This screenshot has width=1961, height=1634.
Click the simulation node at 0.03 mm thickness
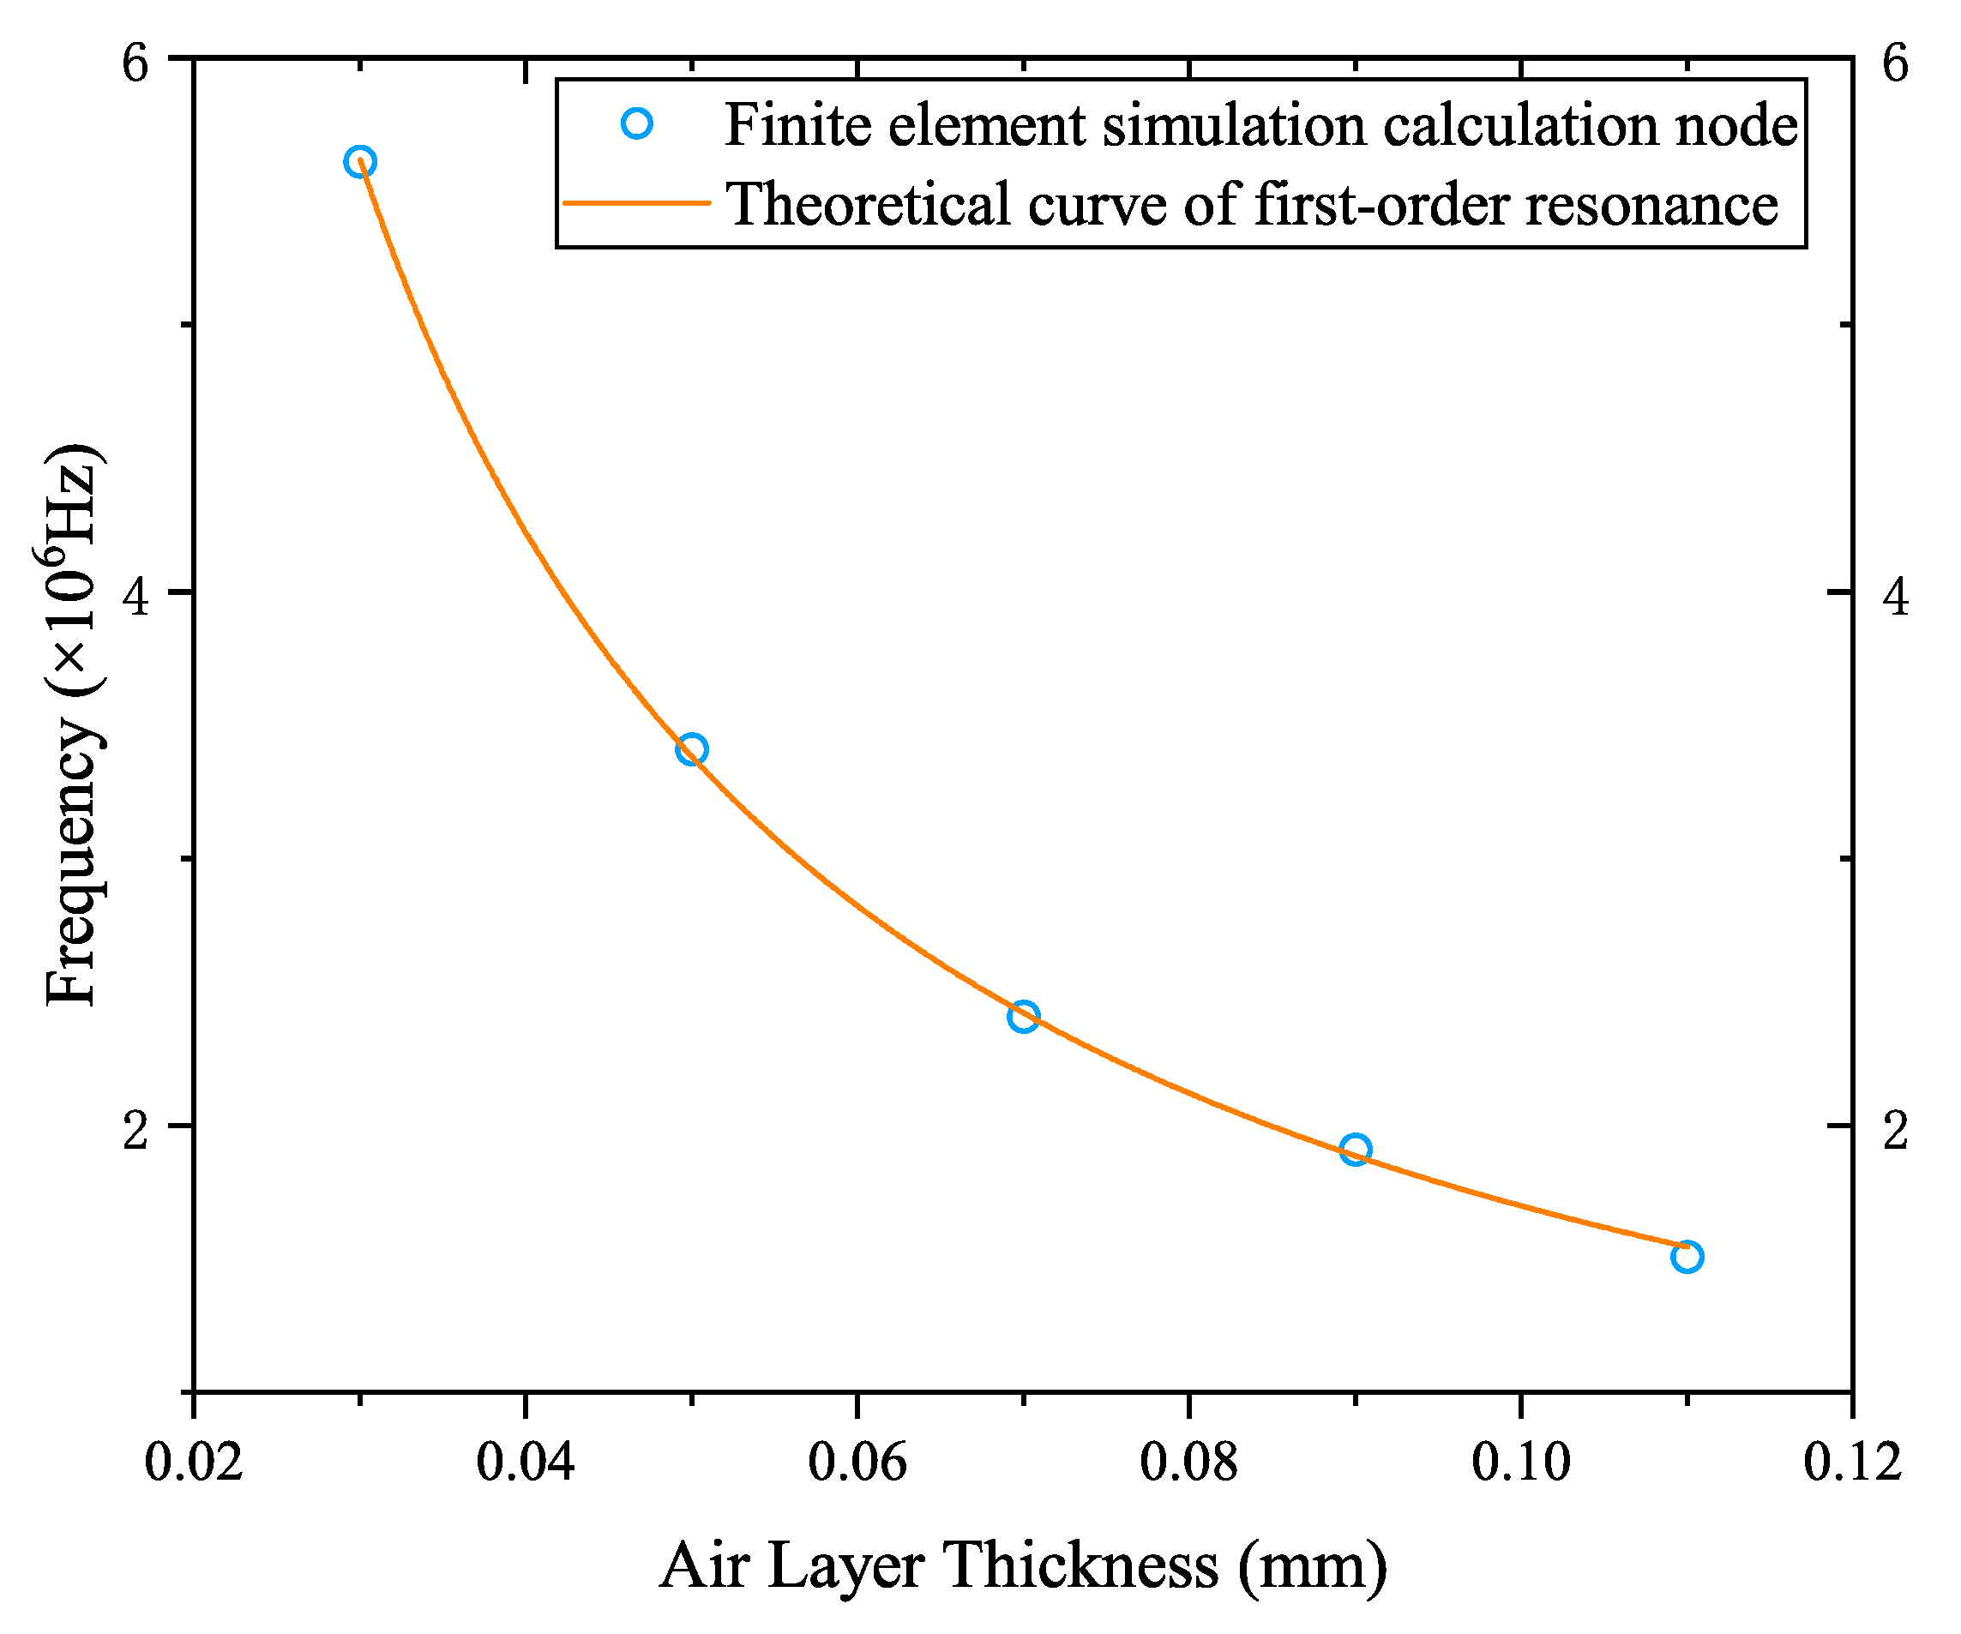click(360, 161)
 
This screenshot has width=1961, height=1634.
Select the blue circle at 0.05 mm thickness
click(692, 748)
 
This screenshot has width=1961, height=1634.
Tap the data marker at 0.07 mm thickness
click(1024, 1016)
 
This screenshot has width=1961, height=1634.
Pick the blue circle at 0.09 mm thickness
click(1355, 1150)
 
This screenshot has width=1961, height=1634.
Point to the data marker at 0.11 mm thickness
click(1687, 1257)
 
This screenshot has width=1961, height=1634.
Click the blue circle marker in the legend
click(636, 123)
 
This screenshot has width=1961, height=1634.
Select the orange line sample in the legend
click(636, 202)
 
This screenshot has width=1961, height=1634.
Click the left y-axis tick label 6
click(135, 63)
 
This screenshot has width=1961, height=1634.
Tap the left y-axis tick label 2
click(135, 1131)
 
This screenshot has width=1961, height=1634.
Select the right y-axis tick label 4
click(1895, 598)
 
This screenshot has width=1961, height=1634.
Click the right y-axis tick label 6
click(1895, 63)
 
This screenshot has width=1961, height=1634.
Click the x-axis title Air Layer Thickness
click(938, 1565)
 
